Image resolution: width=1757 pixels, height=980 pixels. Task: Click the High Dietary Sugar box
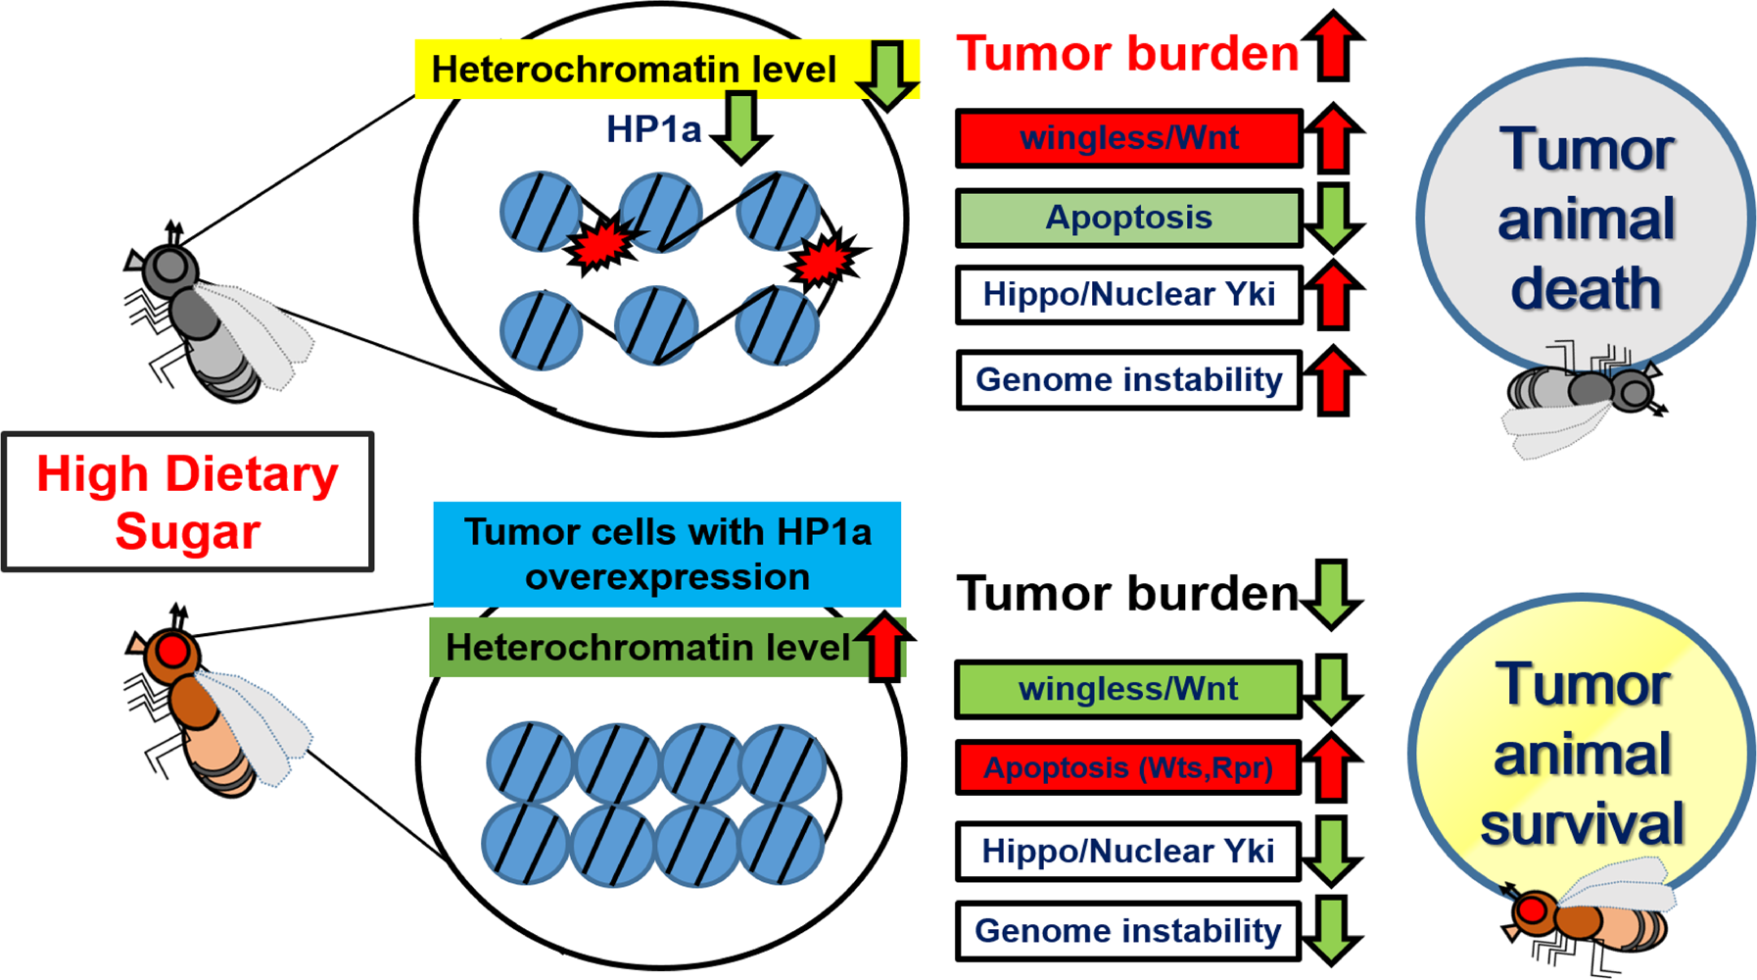point(187,502)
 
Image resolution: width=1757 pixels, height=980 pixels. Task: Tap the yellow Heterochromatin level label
point(634,70)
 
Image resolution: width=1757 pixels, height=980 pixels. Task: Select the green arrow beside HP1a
point(740,126)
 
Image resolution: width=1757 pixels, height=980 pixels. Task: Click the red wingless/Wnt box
point(1128,138)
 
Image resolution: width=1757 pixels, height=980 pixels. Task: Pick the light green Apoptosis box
point(1128,218)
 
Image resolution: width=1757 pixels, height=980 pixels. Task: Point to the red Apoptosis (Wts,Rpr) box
point(1128,767)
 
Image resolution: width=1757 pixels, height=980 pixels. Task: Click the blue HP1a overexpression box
point(667,554)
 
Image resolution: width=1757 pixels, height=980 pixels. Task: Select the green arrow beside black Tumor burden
point(1332,593)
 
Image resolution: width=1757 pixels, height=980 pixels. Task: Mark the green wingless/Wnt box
point(1128,689)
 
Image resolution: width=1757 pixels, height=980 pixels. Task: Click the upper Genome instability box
point(1128,379)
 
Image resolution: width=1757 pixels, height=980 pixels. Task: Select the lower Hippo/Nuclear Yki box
point(1128,851)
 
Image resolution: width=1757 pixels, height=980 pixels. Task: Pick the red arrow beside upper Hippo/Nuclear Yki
point(1334,295)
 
